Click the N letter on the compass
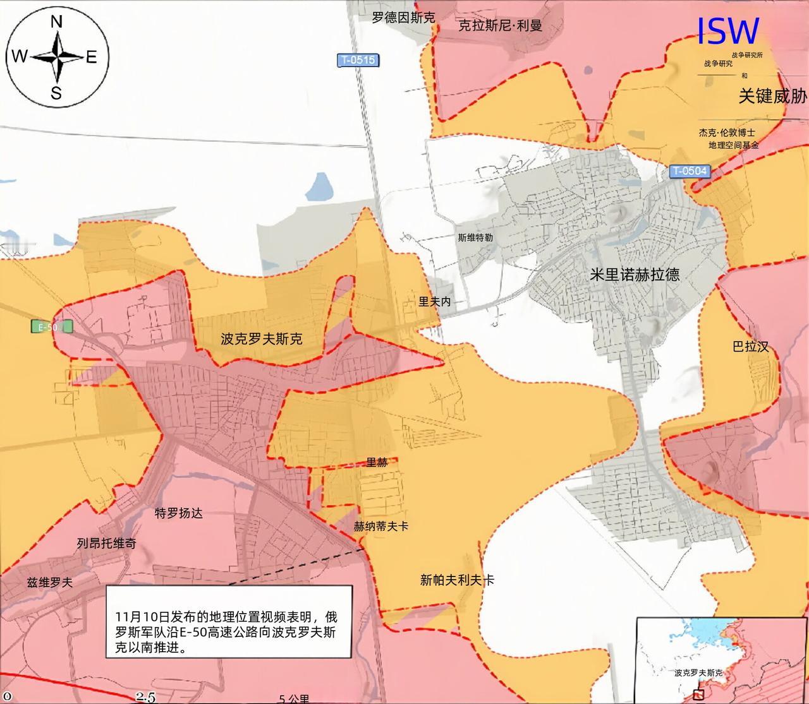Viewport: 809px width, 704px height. [56, 22]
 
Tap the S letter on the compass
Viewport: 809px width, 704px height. [56, 93]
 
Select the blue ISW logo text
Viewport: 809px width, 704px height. [727, 31]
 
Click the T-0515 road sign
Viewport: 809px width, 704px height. [357, 61]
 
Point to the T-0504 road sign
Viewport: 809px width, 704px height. [690, 170]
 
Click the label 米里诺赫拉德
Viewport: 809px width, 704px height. [635, 274]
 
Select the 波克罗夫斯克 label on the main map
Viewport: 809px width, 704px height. [261, 338]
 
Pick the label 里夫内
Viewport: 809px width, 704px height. [435, 302]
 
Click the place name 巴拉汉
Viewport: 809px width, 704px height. [750, 346]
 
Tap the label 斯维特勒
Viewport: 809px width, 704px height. [475, 238]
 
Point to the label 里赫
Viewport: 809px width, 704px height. [377, 462]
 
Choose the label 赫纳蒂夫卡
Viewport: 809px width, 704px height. [380, 526]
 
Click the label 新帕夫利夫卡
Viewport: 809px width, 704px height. [457, 580]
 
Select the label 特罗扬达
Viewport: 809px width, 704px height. [179, 513]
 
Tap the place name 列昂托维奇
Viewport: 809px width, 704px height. [106, 543]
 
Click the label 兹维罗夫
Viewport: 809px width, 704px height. [49, 582]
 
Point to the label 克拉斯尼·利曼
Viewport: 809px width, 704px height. [500, 26]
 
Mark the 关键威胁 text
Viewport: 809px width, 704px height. [772, 96]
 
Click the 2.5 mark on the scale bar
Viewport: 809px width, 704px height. [145, 697]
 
